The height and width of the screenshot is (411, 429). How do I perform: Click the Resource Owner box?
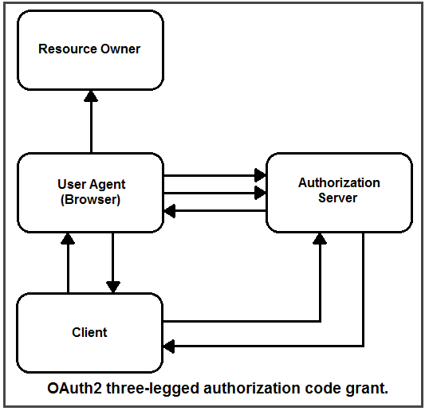[91, 50]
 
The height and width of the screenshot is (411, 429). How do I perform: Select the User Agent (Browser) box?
[91, 193]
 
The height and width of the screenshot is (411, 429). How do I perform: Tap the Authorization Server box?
[339, 193]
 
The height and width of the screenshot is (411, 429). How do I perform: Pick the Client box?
[90, 333]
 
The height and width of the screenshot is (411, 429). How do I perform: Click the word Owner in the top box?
[120, 49]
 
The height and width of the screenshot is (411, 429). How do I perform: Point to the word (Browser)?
[90, 199]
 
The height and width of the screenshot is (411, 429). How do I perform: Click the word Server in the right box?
[337, 198]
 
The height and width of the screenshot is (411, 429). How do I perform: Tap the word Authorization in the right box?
[339, 183]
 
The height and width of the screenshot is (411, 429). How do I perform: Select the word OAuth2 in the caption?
[74, 389]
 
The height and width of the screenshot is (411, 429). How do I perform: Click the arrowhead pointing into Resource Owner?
[91, 96]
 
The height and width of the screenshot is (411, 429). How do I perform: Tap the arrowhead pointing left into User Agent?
[170, 211]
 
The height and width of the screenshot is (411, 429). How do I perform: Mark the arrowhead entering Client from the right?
[169, 346]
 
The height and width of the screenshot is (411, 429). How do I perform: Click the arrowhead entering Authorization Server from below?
[320, 239]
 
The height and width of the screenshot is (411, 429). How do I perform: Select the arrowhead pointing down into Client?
[113, 287]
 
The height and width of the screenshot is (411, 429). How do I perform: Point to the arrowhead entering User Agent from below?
[68, 239]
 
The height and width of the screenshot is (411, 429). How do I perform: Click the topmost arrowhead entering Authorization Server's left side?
[260, 175]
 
